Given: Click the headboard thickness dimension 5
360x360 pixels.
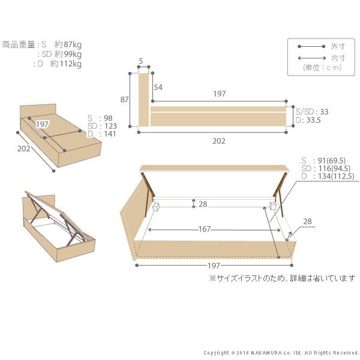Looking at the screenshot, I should click(x=140, y=61).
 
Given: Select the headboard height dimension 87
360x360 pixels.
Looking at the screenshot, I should click(x=125, y=100).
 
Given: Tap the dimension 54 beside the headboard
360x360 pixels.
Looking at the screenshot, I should click(x=158, y=88).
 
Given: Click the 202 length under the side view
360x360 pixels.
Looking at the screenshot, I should click(x=219, y=141).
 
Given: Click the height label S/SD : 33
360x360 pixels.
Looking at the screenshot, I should click(x=312, y=112).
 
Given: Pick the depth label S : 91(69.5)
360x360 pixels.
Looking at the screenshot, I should click(x=327, y=160).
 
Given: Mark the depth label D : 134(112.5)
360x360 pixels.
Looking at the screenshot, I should click(x=328, y=176).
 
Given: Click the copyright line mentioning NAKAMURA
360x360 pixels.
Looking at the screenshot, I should click(x=281, y=353).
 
